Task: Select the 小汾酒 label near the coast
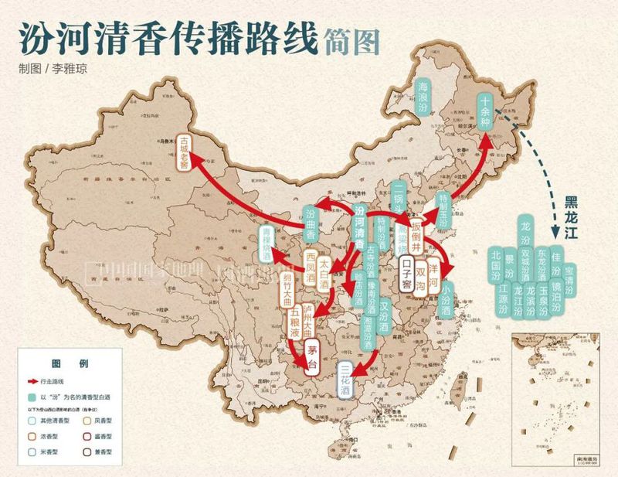coord(446,298)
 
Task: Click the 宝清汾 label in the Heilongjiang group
coord(569,280)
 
